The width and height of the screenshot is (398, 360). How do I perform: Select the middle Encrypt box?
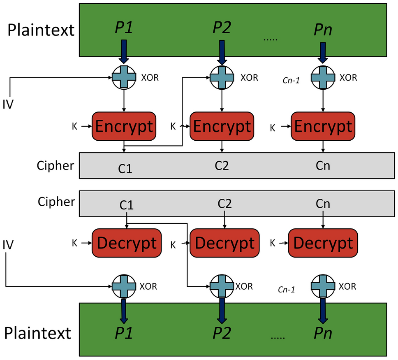tap(222, 126)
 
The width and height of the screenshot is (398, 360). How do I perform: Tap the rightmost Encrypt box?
tap(323, 126)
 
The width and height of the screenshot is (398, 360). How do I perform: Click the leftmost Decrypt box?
tap(127, 243)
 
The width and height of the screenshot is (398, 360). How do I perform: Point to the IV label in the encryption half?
tap(7, 104)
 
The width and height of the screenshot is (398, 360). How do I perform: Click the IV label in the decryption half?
tap(7, 246)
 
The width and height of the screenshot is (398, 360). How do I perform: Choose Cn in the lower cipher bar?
tap(323, 204)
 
